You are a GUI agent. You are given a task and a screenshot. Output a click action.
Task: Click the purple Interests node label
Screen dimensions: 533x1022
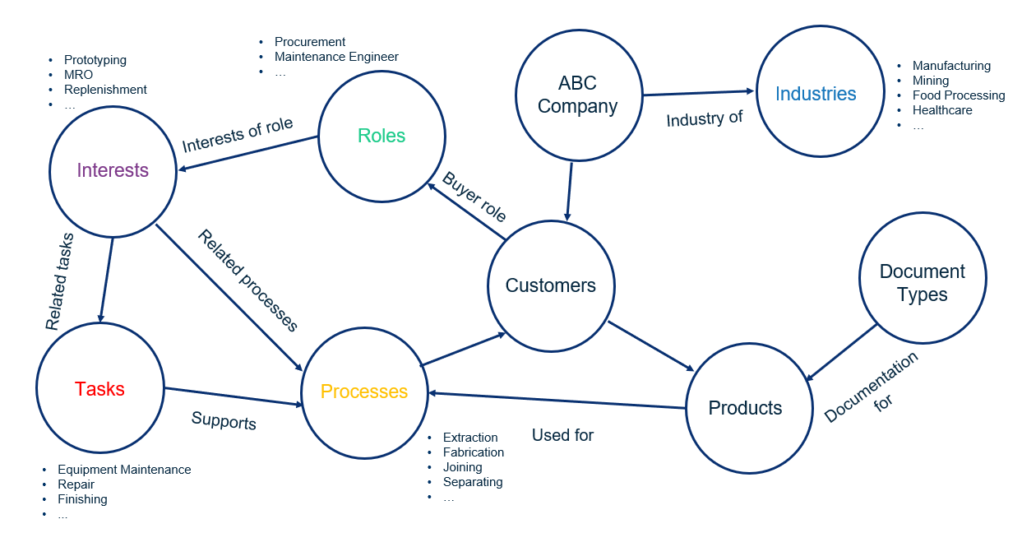click(113, 170)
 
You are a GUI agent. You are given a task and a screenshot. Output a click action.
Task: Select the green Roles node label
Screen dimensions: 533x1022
click(382, 136)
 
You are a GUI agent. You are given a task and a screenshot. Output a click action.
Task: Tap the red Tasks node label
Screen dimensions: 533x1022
click(99, 389)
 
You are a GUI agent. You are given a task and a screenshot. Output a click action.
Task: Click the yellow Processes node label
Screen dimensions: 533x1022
click(364, 392)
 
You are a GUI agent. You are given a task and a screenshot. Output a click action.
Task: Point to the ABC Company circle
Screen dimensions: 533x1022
click(577, 95)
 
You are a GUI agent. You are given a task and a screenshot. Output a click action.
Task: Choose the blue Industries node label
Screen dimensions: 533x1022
click(816, 94)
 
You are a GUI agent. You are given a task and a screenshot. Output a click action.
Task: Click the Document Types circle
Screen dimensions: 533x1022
click(922, 283)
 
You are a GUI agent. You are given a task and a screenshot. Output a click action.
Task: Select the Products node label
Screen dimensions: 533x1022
click(745, 408)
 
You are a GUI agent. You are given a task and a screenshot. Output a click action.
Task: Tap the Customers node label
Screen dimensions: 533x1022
click(550, 285)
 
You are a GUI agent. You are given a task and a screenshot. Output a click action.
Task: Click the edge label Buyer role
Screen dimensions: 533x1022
click(474, 197)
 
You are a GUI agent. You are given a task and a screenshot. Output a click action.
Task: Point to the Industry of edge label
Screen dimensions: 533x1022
click(704, 119)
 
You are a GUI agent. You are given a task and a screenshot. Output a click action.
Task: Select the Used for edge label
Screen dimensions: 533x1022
click(562, 435)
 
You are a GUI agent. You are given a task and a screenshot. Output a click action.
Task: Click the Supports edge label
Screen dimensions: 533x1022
click(224, 420)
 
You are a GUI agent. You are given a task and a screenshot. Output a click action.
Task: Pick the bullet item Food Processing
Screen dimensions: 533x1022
click(959, 95)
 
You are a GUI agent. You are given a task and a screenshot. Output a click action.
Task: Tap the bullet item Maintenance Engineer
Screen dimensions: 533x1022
click(336, 57)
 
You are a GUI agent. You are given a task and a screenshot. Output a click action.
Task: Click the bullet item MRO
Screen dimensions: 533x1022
click(78, 75)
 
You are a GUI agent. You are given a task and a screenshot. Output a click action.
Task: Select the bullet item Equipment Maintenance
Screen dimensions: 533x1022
click(124, 470)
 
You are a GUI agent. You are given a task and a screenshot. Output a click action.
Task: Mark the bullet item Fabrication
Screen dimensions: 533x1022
click(474, 452)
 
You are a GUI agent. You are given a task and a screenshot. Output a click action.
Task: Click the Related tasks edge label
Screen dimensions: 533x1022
click(60, 282)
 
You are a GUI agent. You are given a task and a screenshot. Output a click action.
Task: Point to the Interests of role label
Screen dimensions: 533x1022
click(238, 135)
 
